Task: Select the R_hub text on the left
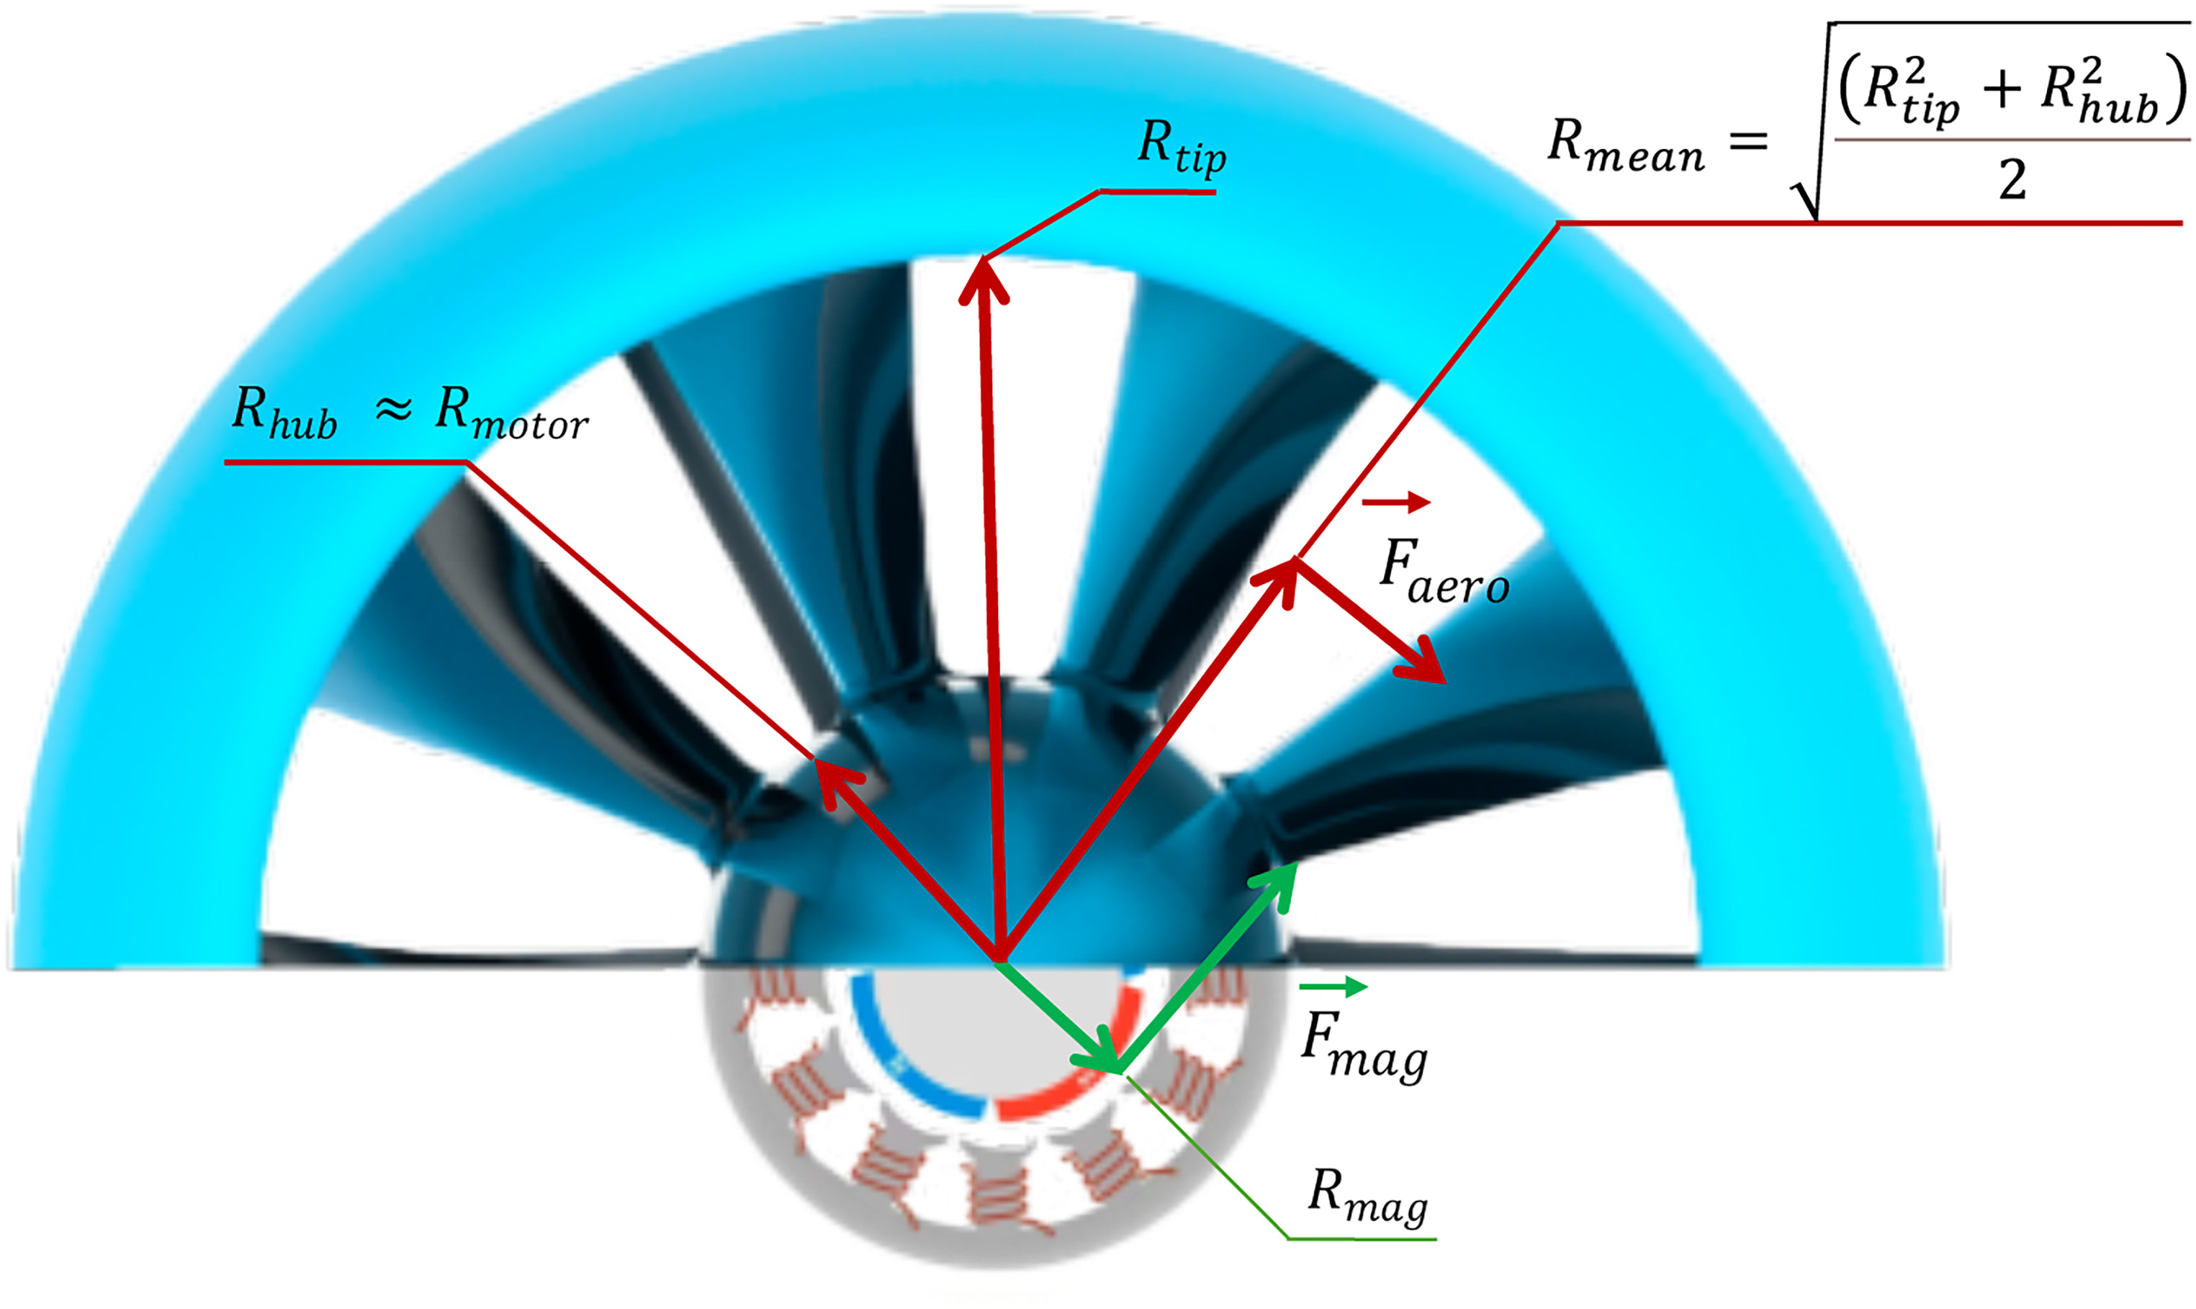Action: click(284, 412)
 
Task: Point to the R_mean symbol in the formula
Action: click(1625, 145)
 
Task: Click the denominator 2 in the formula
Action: click(2012, 181)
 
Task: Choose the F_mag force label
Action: click(1362, 1045)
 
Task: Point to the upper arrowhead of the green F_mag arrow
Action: click(1279, 883)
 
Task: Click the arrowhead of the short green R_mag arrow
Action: click(1102, 1054)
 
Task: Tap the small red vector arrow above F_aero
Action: click(1395, 502)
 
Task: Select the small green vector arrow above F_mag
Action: click(1333, 987)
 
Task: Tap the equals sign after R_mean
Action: click(1749, 141)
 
